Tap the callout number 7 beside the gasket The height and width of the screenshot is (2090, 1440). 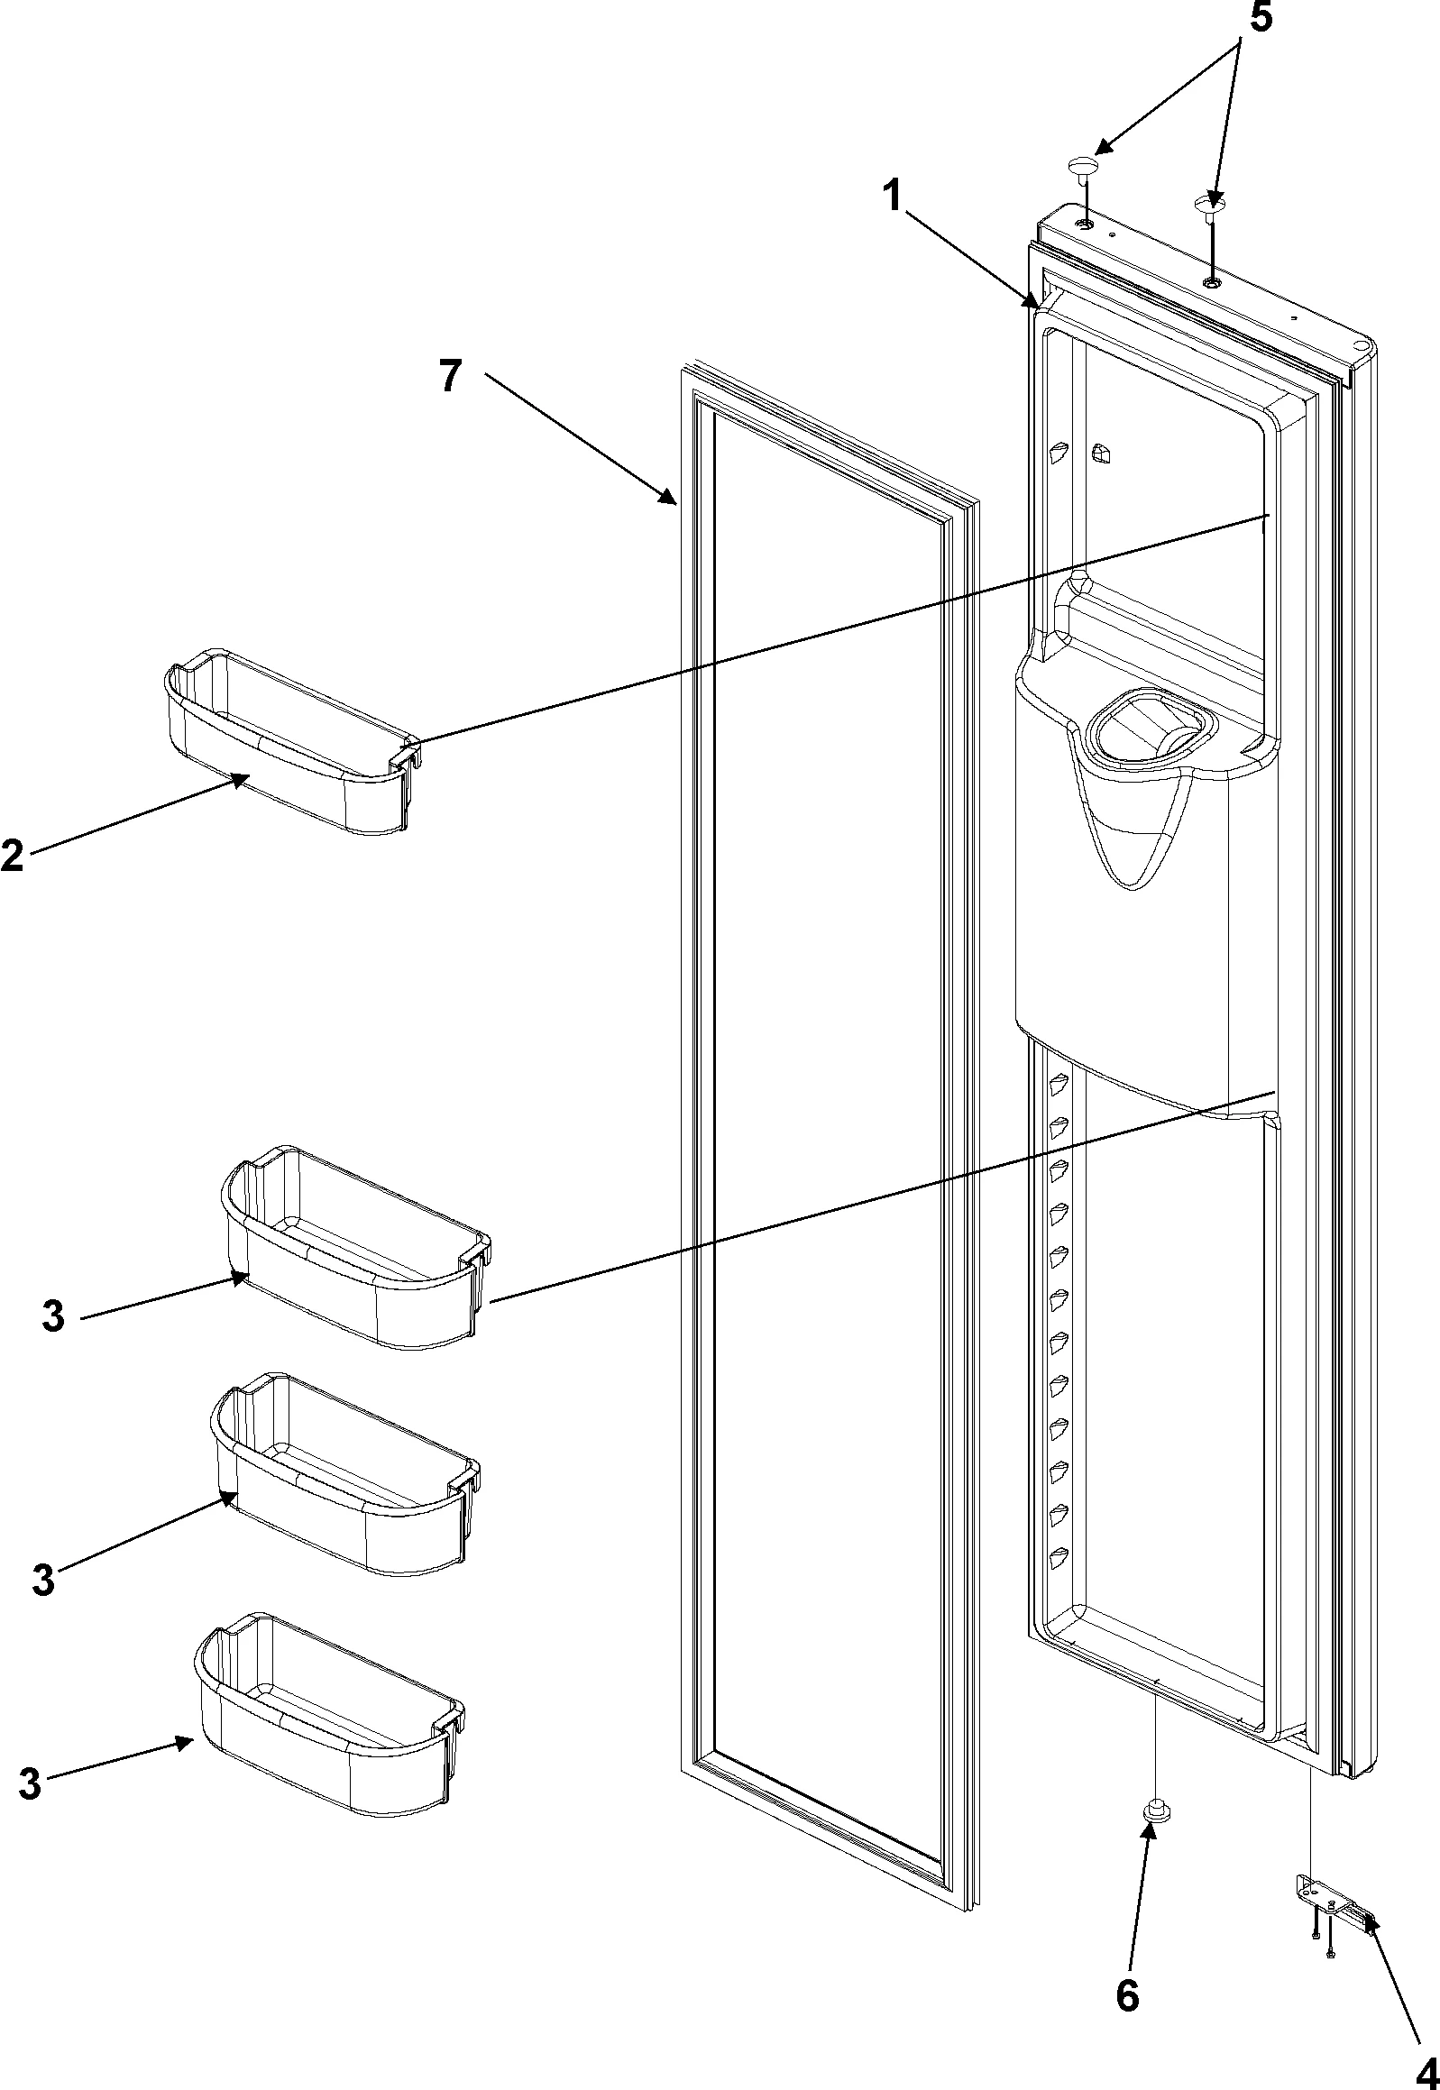coord(451,376)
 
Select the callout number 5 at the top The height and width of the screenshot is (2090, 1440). coord(1260,18)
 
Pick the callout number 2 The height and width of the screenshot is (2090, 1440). coord(12,854)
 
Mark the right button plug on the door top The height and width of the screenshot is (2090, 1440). coord(1209,205)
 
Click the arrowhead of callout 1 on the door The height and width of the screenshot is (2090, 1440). coord(1033,304)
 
